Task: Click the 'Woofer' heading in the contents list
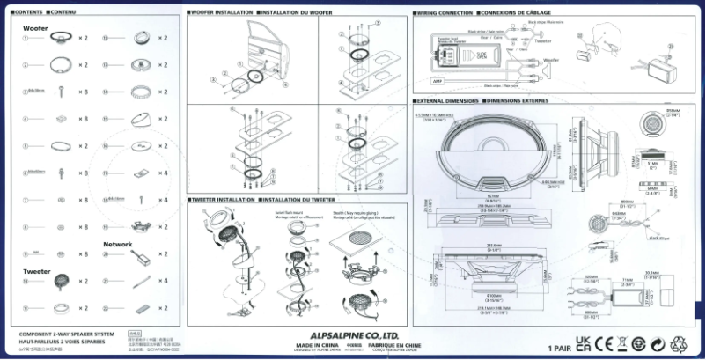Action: point(35,28)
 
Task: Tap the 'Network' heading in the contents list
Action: point(117,244)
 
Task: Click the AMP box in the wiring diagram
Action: point(438,81)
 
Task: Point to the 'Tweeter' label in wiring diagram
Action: point(543,40)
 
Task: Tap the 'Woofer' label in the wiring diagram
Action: point(551,61)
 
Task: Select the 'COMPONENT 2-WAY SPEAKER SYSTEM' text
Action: point(67,334)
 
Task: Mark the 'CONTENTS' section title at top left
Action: point(26,14)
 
